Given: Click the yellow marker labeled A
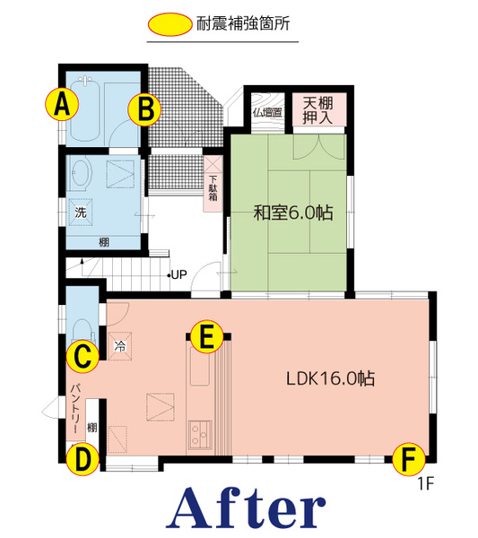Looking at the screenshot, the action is click(x=62, y=104).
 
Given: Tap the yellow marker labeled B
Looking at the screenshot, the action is click(x=144, y=109).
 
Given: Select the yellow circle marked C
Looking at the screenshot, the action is click(x=83, y=357).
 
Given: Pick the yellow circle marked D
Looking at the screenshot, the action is click(x=83, y=459).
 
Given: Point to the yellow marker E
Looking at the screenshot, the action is click(x=206, y=336).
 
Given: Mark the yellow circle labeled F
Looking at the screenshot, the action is click(x=408, y=459).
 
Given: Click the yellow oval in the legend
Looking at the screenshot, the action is click(x=169, y=24).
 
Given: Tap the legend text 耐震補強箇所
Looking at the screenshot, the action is click(x=243, y=23).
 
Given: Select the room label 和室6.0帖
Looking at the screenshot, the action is click(x=293, y=213).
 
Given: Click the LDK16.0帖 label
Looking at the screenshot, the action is click(x=330, y=378).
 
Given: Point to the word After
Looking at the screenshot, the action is click(x=246, y=508).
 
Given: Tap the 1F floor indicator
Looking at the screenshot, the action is click(x=426, y=484).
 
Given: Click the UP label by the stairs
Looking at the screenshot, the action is click(x=178, y=275).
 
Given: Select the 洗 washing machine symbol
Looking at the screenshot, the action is click(x=81, y=212).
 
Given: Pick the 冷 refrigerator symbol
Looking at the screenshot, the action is click(x=120, y=346).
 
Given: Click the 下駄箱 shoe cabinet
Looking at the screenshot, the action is click(x=213, y=184).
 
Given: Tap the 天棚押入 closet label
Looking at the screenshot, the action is click(x=317, y=110).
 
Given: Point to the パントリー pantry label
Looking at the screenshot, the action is click(x=76, y=409).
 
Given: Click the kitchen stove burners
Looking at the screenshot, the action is click(x=200, y=434).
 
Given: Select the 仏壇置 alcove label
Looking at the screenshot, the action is click(x=267, y=112).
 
